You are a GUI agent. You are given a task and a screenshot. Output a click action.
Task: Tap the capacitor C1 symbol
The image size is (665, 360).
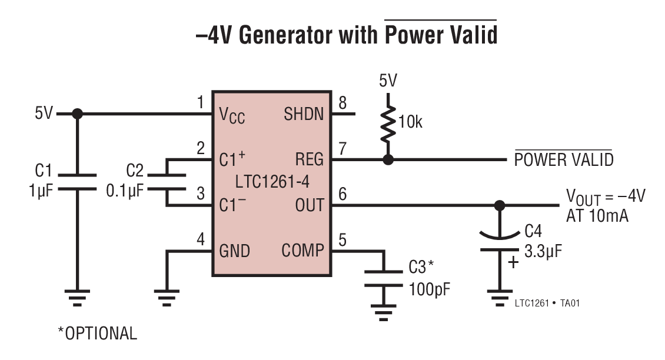pos(77,182)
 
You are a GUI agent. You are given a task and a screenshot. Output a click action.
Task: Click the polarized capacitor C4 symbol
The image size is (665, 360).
pos(499,242)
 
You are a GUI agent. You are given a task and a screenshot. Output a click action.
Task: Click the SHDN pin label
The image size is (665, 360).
pos(304,114)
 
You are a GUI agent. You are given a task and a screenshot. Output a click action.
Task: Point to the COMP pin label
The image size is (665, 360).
pos(302,251)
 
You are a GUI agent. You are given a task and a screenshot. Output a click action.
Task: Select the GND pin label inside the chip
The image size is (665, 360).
pos(234,251)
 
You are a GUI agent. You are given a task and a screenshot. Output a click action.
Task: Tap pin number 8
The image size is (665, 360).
pos(343,104)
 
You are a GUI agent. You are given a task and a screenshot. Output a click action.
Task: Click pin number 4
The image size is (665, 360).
pos(201,240)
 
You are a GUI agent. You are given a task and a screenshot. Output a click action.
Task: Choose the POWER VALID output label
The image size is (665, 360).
pos(563,160)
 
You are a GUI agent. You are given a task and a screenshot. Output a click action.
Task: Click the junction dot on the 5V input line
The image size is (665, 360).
pos(77,114)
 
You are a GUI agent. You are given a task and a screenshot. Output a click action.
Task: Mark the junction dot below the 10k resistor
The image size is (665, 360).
pos(387,159)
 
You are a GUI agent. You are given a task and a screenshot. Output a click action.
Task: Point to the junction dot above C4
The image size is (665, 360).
pos(499,205)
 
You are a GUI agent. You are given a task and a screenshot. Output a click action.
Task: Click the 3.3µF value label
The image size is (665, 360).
pos(543,252)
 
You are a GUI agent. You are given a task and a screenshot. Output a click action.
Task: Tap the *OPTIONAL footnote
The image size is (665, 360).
pos(97,334)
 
